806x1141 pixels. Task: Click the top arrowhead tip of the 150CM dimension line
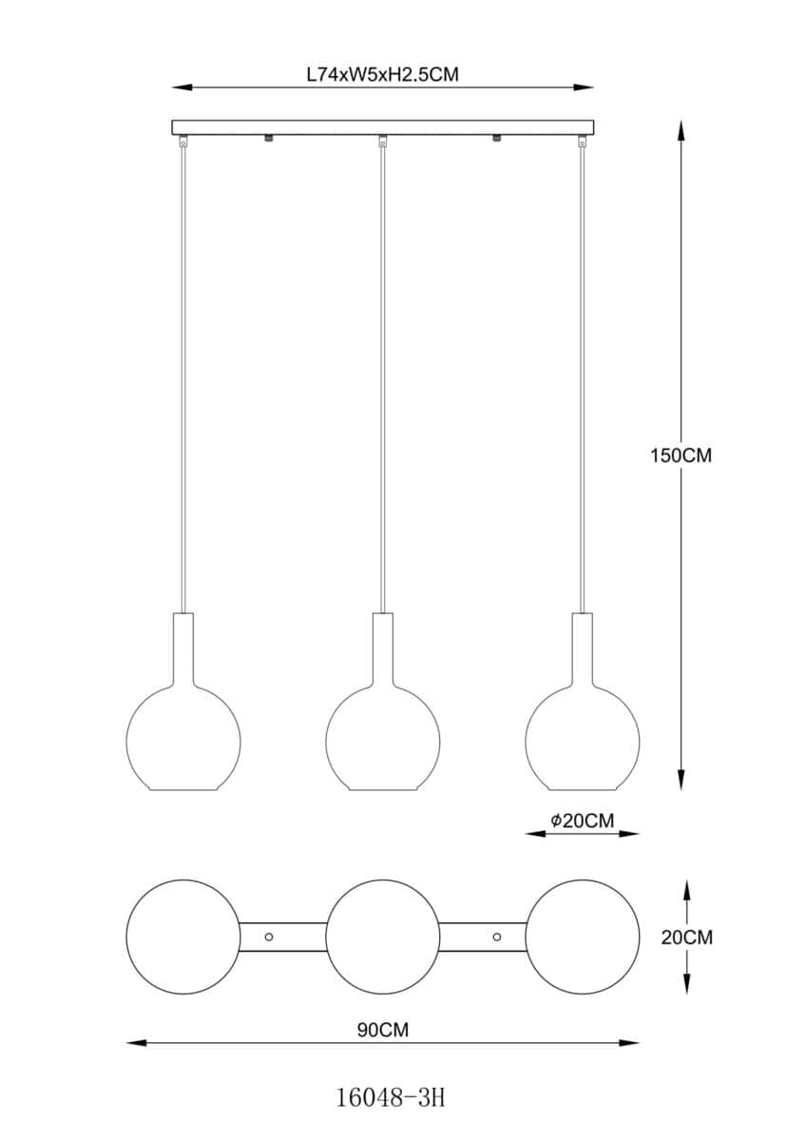click(681, 121)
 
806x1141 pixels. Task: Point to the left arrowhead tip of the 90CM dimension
click(126, 1044)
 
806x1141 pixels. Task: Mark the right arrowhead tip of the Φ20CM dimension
click(639, 834)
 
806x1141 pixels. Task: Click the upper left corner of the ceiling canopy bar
click(172, 121)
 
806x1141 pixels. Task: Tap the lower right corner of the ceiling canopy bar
click(594, 134)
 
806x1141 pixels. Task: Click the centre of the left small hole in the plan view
click(269, 937)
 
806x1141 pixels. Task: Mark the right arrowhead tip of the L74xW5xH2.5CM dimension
click(594, 87)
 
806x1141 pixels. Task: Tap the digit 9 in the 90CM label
click(363, 1030)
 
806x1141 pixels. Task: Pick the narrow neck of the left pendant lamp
click(183, 650)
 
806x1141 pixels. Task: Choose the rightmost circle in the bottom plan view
click(582, 937)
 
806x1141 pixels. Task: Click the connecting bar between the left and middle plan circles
click(282, 937)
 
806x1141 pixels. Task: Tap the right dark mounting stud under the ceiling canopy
click(496, 138)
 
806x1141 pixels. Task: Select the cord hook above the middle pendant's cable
click(382, 141)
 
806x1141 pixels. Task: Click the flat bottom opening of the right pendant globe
click(582, 789)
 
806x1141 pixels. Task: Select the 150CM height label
click(681, 455)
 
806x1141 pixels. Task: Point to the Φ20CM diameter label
click(582, 821)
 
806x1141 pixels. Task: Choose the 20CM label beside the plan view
click(687, 938)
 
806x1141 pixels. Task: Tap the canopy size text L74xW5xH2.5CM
click(382, 75)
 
